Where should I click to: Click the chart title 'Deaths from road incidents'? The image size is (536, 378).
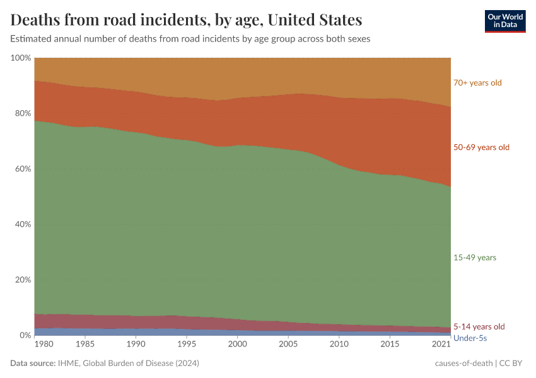click(186, 20)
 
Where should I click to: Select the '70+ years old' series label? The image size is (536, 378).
click(477, 83)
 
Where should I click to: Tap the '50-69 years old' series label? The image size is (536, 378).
click(481, 147)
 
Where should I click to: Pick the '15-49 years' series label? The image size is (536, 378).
click(475, 258)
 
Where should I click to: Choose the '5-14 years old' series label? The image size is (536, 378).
click(479, 326)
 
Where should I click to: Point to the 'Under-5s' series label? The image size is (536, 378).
click(470, 338)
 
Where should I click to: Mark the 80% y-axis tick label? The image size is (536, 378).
click(23, 113)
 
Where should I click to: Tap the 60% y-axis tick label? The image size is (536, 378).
click(23, 169)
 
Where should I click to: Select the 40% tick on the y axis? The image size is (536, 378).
click(23, 224)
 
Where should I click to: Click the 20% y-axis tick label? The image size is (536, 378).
click(23, 280)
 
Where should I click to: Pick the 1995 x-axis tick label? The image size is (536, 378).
click(186, 345)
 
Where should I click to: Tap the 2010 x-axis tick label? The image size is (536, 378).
click(339, 345)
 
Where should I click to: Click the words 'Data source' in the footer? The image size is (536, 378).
click(33, 364)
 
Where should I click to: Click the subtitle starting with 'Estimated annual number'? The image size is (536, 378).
click(190, 38)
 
